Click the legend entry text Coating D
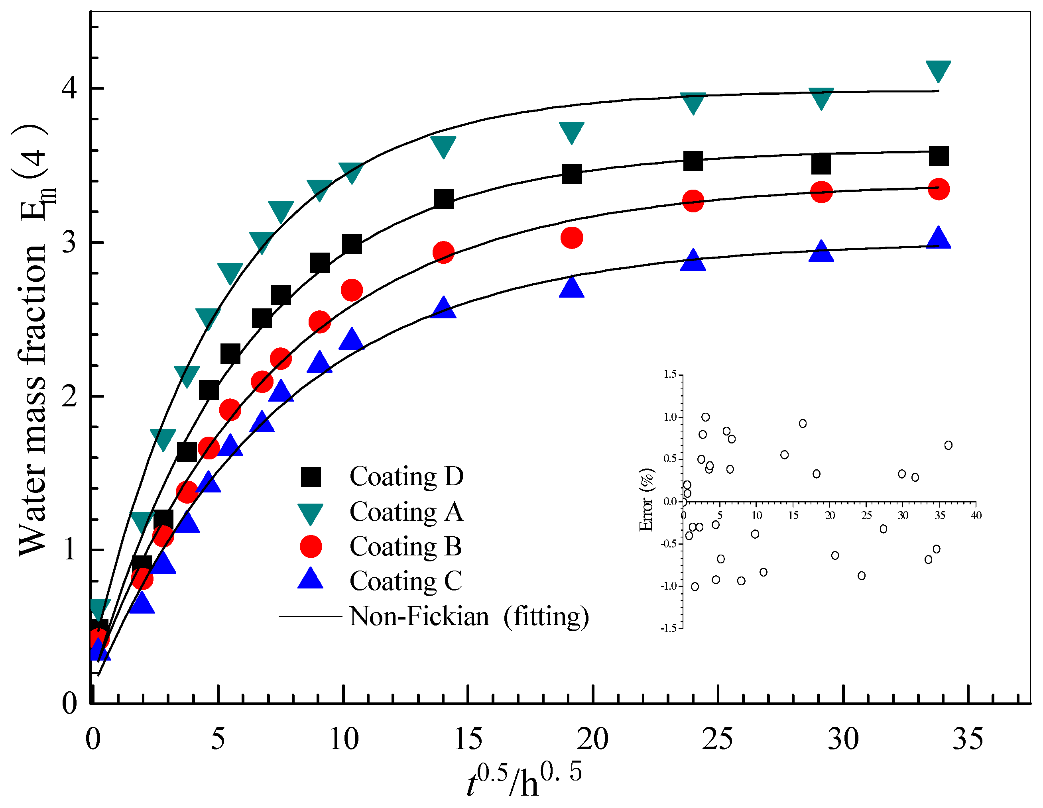[406, 476]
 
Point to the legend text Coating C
[405, 581]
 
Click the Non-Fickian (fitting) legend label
[468, 616]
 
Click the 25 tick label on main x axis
[717, 739]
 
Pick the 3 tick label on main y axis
[69, 243]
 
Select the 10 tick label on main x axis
[343, 739]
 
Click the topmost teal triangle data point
[938, 71]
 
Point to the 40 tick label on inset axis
[976, 516]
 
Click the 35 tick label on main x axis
[968, 739]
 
